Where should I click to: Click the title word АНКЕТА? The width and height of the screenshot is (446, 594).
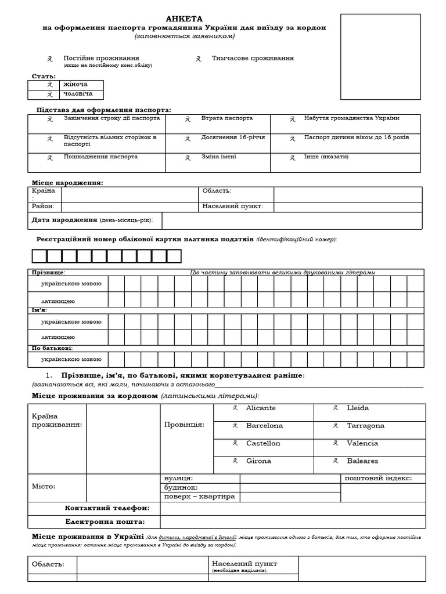[184, 19]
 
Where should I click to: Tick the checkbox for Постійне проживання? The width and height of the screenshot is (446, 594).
[50, 59]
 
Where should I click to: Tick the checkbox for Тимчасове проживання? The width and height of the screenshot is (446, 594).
[199, 59]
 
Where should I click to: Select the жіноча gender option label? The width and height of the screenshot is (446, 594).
[75, 85]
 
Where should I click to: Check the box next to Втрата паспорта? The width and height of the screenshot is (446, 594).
[188, 119]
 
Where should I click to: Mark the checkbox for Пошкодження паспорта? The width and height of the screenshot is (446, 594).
[50, 157]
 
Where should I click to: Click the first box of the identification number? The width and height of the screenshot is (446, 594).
[39, 256]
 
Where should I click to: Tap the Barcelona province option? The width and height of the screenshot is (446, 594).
[264, 426]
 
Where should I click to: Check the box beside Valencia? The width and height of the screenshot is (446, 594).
[336, 444]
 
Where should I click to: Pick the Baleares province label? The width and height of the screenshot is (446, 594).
[362, 461]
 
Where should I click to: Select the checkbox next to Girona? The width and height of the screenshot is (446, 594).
[235, 461]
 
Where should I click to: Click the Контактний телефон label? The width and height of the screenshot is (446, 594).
[107, 508]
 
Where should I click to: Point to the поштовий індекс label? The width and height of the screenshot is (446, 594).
[378, 478]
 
